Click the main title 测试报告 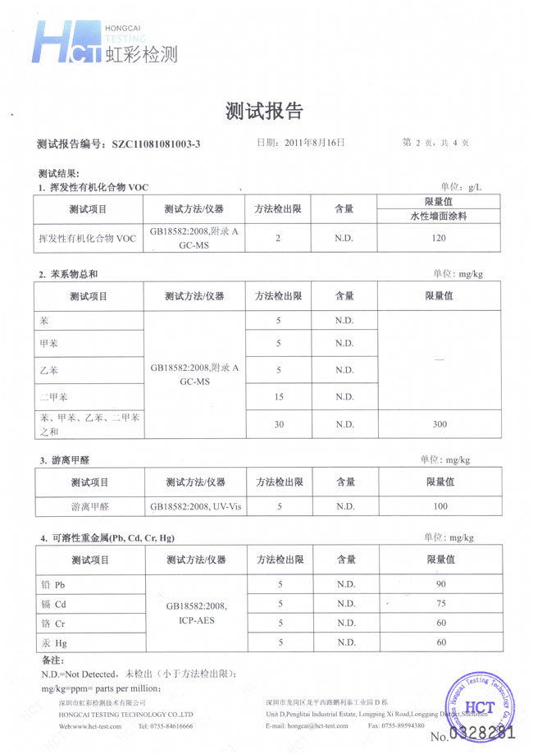[x=264, y=112]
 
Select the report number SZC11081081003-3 [x=156, y=144]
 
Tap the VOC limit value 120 [x=439, y=238]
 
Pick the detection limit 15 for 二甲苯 [x=279, y=398]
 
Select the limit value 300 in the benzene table [x=439, y=424]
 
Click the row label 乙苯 [x=49, y=370]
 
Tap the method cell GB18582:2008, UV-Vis [x=194, y=506]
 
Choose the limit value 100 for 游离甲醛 [x=440, y=506]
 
